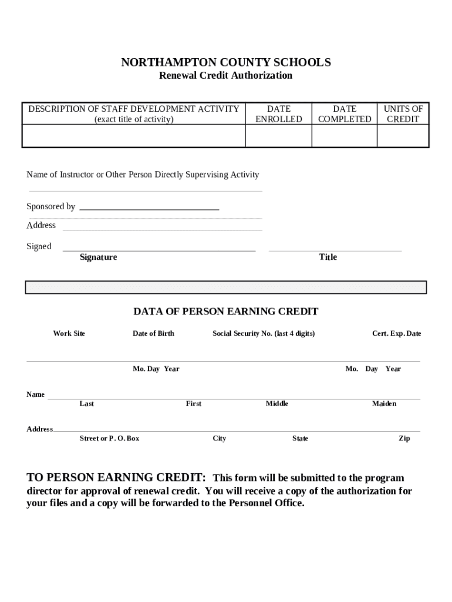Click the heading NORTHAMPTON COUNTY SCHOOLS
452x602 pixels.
(226, 62)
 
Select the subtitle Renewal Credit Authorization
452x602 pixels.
(226, 75)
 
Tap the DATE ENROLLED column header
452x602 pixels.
(278, 113)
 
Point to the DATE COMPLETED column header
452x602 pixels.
(344, 113)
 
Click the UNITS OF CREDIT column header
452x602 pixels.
(403, 113)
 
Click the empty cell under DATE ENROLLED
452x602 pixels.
(278, 136)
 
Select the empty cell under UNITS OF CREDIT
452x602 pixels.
(403, 136)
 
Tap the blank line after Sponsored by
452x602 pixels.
(149, 206)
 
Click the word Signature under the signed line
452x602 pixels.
(99, 257)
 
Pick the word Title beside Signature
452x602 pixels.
(328, 257)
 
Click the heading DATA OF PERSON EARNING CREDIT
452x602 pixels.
(226, 311)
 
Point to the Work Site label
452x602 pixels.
(69, 333)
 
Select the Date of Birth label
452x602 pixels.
(153, 333)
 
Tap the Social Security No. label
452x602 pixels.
(264, 333)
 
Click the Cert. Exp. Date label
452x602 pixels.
(396, 333)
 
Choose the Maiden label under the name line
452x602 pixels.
(384, 403)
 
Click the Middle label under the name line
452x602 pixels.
(277, 403)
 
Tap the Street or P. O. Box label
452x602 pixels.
(109, 438)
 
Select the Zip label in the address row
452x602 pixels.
(404, 438)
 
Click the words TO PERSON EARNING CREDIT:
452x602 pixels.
(116, 477)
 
